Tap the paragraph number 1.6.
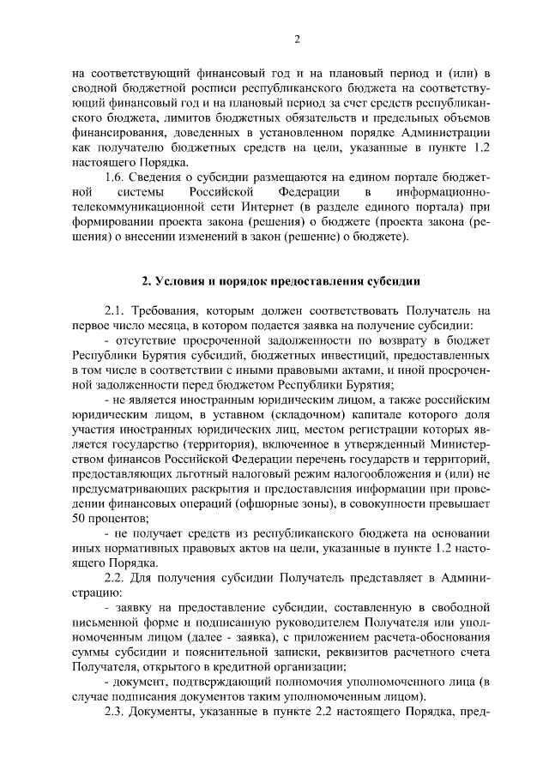pyautogui.click(x=115, y=176)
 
